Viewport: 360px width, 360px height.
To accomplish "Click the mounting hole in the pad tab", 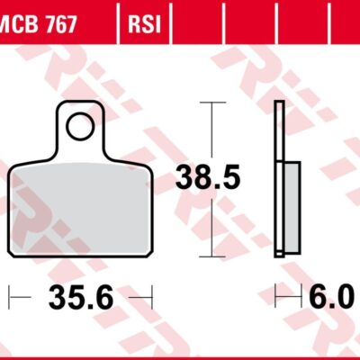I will (80, 127).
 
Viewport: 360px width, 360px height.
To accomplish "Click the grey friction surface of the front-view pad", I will (81, 207).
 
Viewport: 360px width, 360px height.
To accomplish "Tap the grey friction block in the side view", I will (290, 208).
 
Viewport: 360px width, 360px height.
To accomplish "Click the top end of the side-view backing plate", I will (280, 105).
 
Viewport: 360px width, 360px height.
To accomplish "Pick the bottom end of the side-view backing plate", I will (280, 256).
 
